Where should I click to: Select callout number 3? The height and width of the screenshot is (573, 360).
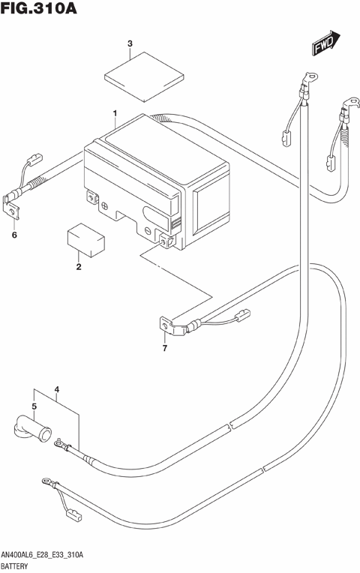click(130, 43)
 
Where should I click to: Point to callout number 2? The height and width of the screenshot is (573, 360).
click(78, 267)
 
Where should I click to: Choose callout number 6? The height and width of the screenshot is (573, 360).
click(13, 236)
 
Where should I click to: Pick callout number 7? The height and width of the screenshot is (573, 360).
click(165, 349)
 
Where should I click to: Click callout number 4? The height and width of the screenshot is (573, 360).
click(56, 391)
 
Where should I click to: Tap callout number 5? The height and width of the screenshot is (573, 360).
click(34, 406)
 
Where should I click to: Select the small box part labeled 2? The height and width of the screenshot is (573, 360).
click(85, 238)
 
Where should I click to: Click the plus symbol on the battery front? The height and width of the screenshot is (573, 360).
click(105, 203)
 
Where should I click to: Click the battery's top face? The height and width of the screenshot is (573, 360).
click(142, 143)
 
